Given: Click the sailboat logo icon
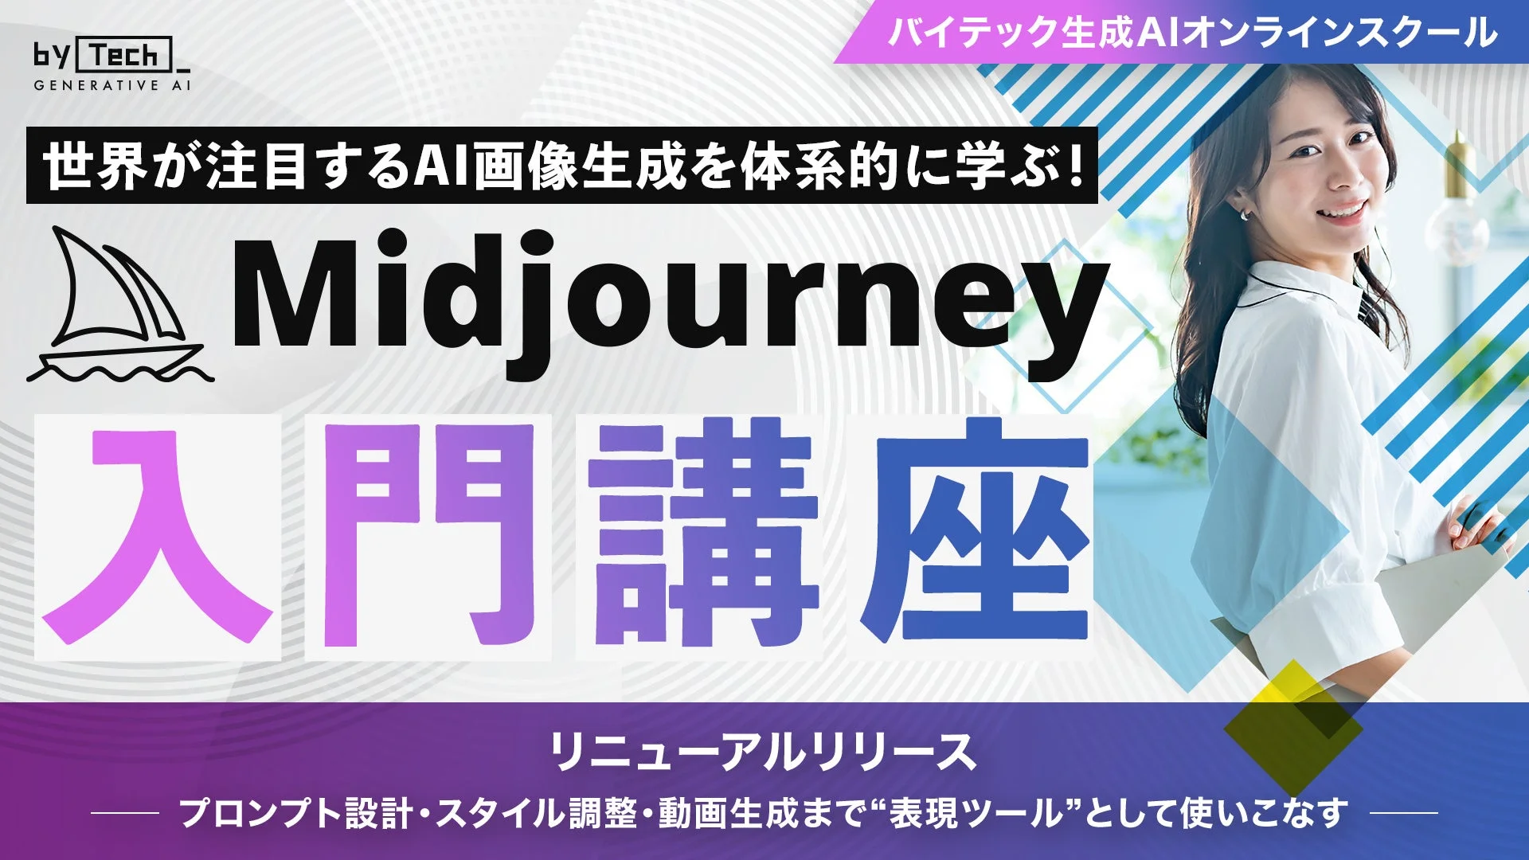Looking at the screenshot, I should pos(119,307).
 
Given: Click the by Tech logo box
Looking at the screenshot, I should pos(128,56).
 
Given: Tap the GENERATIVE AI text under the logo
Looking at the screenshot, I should pos(111,85).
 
